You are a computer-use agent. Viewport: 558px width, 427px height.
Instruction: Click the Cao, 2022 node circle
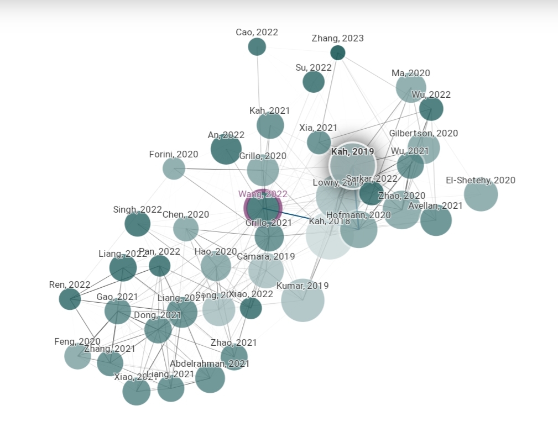[257, 46]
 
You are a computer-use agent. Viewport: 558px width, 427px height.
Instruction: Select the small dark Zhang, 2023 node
[338, 52]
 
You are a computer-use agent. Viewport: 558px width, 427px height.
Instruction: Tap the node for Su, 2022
[314, 82]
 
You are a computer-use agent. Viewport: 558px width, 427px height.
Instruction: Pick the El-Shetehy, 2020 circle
[481, 194]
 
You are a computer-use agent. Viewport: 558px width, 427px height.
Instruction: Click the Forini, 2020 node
[174, 168]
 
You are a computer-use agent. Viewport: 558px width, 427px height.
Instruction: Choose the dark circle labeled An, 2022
[226, 149]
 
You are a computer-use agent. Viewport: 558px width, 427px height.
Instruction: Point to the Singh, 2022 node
[137, 224]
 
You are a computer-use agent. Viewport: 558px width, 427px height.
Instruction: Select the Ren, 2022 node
[70, 299]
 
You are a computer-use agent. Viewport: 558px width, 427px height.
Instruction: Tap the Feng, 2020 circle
[77, 356]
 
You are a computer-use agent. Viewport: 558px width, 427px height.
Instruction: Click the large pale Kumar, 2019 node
[303, 300]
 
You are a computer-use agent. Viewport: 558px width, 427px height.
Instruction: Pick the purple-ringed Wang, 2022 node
[263, 209]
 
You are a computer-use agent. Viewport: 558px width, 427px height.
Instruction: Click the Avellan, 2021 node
[436, 220]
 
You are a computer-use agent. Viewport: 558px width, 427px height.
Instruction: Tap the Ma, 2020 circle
[411, 87]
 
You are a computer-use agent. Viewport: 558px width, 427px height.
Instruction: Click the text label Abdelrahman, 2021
[210, 363]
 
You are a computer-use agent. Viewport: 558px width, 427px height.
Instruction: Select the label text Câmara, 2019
[265, 256]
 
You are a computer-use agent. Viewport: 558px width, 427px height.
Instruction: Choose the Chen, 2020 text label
[186, 214]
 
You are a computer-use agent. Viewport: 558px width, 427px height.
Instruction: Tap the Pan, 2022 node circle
[160, 266]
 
